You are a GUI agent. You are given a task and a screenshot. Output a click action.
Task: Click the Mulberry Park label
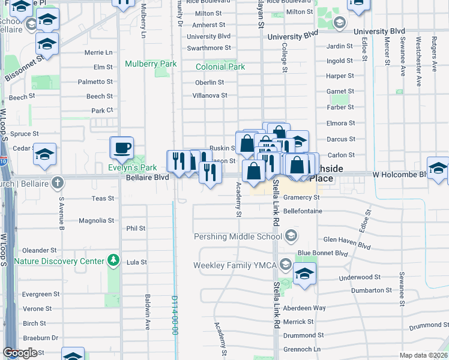[x=151, y=64]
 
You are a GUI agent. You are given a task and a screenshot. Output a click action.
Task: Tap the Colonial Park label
[x=220, y=67]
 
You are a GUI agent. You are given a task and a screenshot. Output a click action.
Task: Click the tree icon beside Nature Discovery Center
[x=112, y=260]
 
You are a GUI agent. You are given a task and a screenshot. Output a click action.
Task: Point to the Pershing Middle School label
[x=238, y=236]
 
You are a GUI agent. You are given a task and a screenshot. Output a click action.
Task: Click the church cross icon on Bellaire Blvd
[x=57, y=182]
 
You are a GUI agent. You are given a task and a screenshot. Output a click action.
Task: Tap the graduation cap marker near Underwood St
[x=305, y=274]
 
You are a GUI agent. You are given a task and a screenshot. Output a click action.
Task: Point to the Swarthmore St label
[x=208, y=48]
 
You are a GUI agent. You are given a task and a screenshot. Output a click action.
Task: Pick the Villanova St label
[x=209, y=95]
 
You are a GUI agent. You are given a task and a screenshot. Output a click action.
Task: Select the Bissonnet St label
[x=24, y=68]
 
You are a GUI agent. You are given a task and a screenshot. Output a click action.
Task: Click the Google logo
[x=20, y=353]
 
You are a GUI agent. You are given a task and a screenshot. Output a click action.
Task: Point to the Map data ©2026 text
[x=423, y=355]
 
